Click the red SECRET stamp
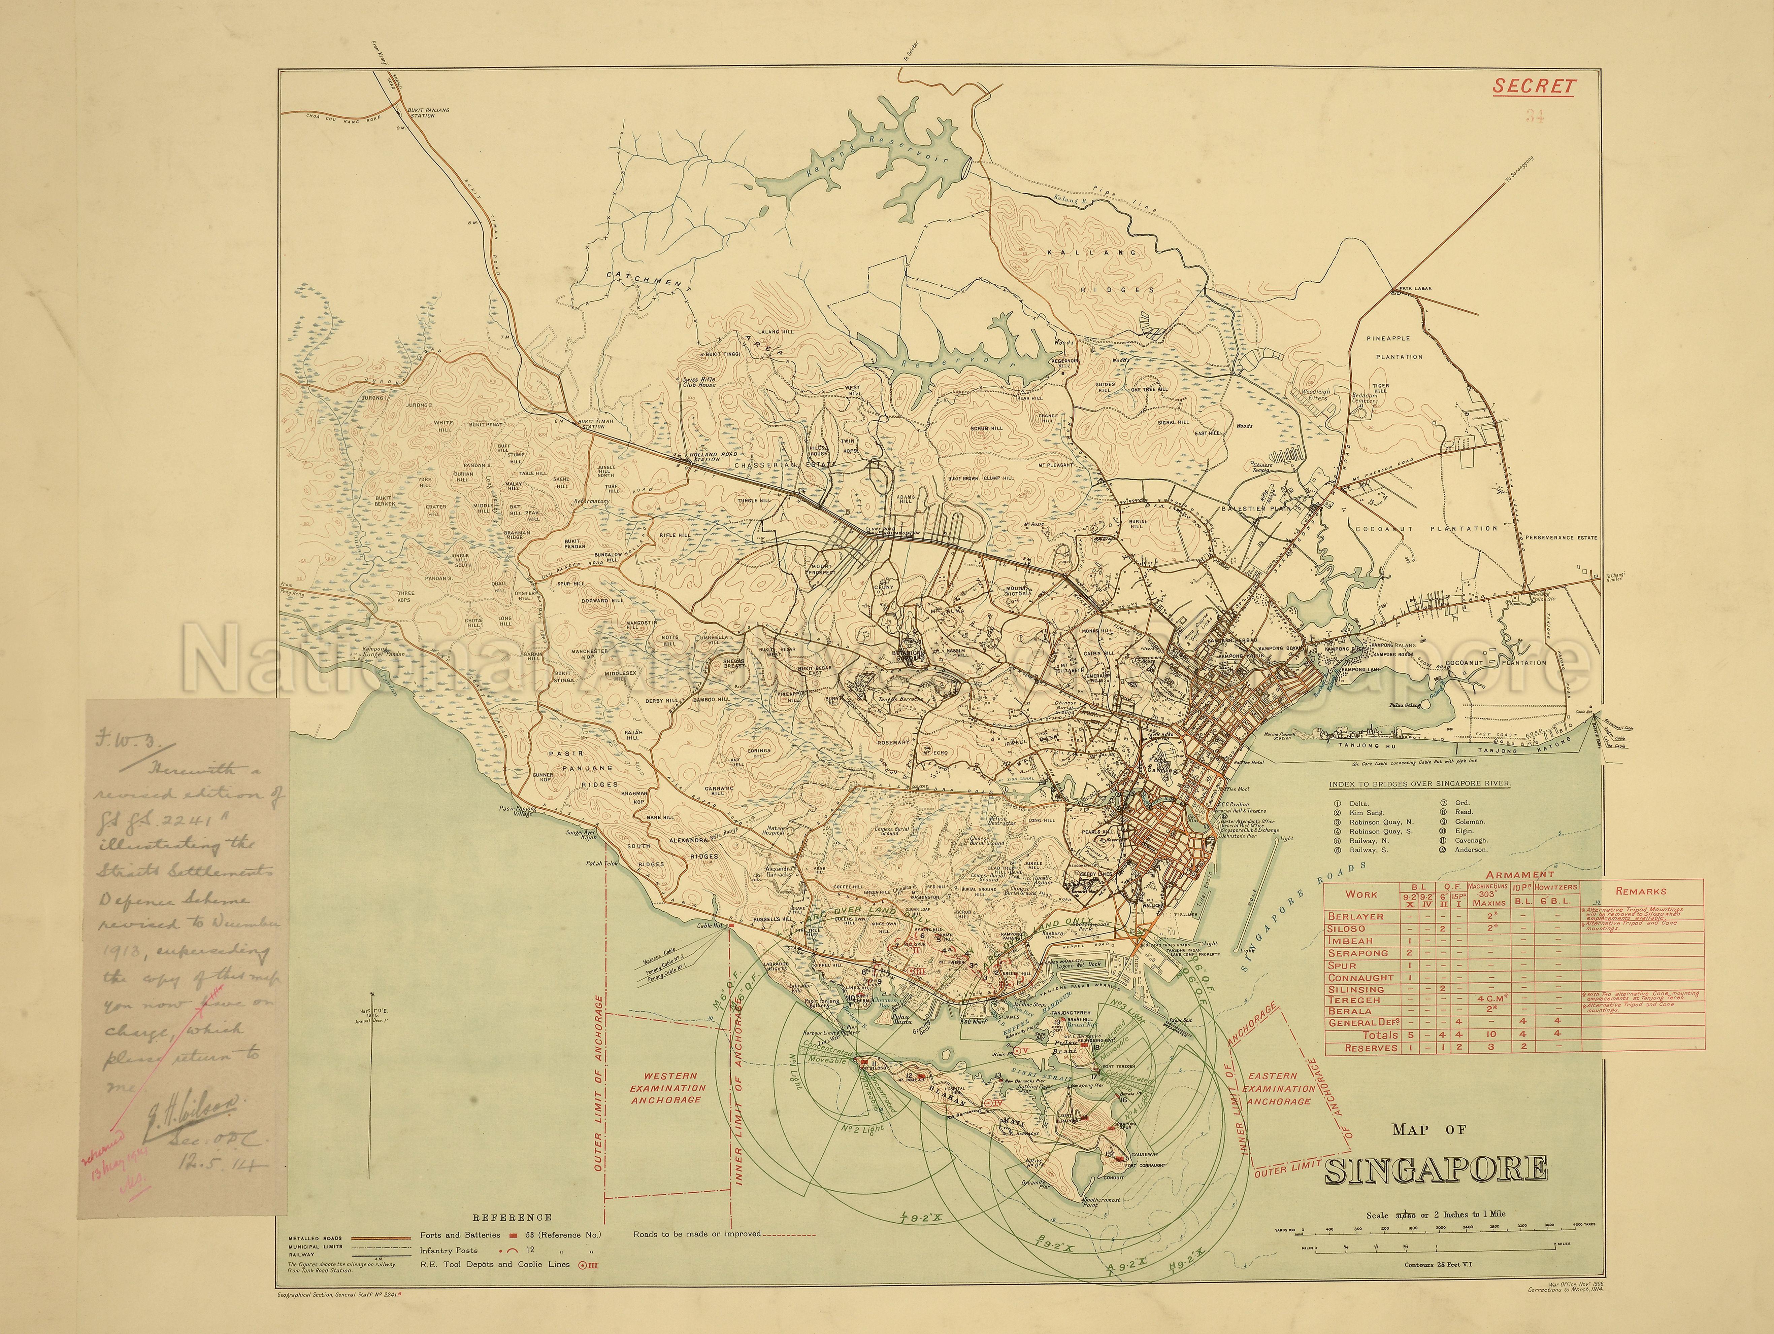coord(1534,86)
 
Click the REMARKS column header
coord(1640,891)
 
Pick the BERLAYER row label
coord(1355,916)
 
